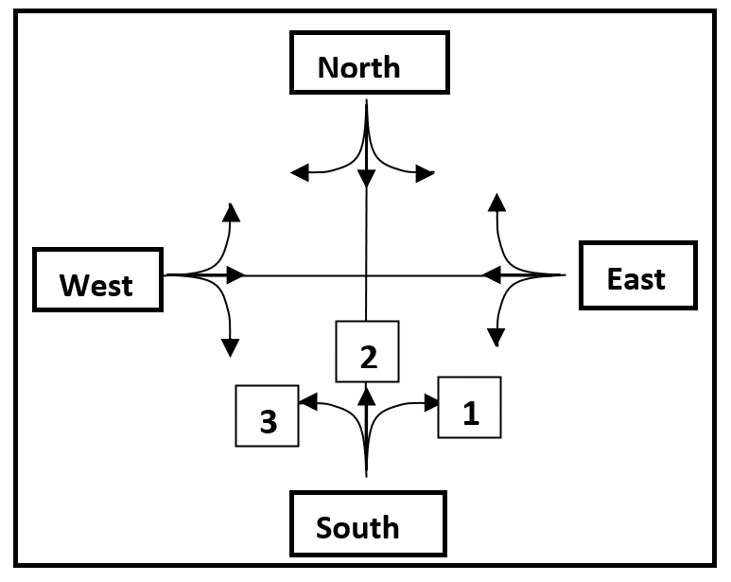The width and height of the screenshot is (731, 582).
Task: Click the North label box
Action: [x=367, y=65]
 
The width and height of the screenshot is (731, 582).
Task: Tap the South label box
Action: [x=367, y=523]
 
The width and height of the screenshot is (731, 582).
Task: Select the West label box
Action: [x=97, y=280]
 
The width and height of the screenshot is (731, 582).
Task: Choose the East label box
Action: [x=637, y=275]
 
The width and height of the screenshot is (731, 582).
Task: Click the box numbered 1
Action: [x=469, y=408]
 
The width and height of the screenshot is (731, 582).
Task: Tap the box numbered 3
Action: [x=268, y=415]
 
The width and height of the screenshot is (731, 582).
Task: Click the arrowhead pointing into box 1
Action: [x=433, y=403]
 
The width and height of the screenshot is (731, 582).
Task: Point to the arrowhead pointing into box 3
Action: [x=307, y=402]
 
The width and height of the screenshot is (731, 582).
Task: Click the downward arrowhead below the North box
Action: [x=367, y=178]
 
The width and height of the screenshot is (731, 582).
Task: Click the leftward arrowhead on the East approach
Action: [x=491, y=275]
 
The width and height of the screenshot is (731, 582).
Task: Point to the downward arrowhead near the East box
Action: [x=496, y=337]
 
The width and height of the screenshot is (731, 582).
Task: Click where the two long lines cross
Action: [x=367, y=275]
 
